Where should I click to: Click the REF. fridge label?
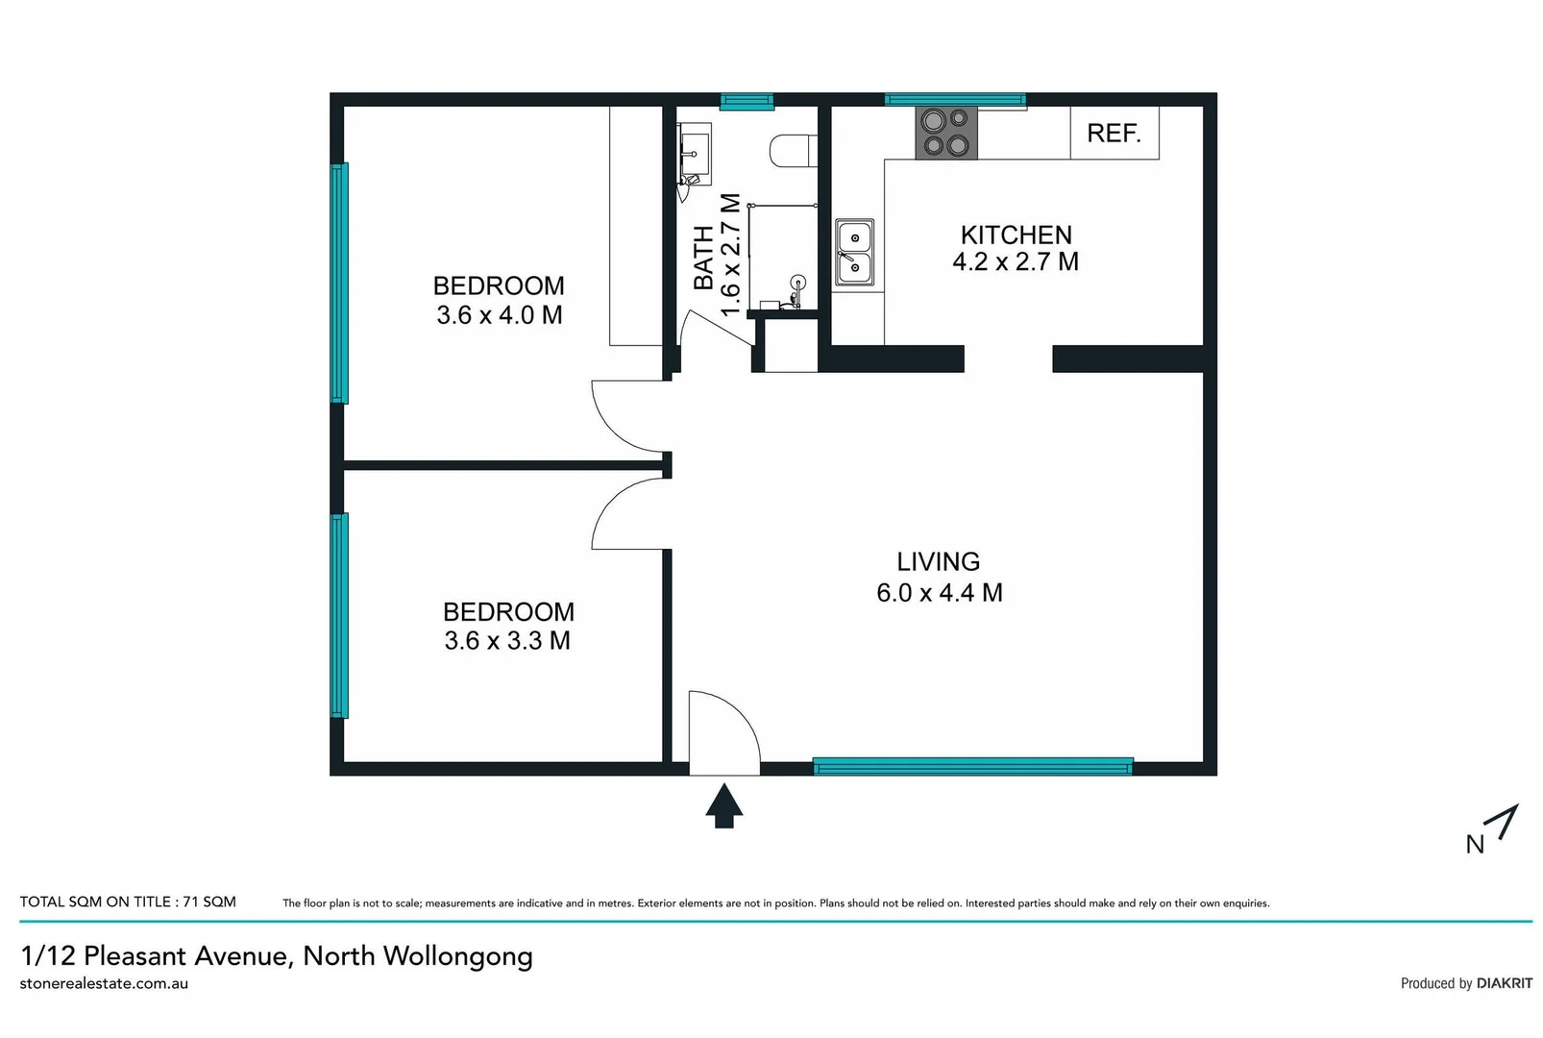[1114, 133]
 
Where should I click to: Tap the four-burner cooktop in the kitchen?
[945, 133]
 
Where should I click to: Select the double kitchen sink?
[854, 252]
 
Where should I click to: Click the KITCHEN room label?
[1016, 235]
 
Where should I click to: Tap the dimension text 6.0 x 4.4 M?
[939, 593]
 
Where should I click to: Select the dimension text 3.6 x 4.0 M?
[499, 315]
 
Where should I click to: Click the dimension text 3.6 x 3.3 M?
[506, 641]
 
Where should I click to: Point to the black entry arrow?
[723, 804]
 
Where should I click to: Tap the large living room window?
[972, 766]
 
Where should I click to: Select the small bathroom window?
[747, 100]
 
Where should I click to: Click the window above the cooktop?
[954, 99]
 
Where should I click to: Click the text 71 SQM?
[209, 902]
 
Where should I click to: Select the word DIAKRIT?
[1504, 983]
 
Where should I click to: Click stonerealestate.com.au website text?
[104, 983]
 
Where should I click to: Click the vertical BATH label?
[703, 258]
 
